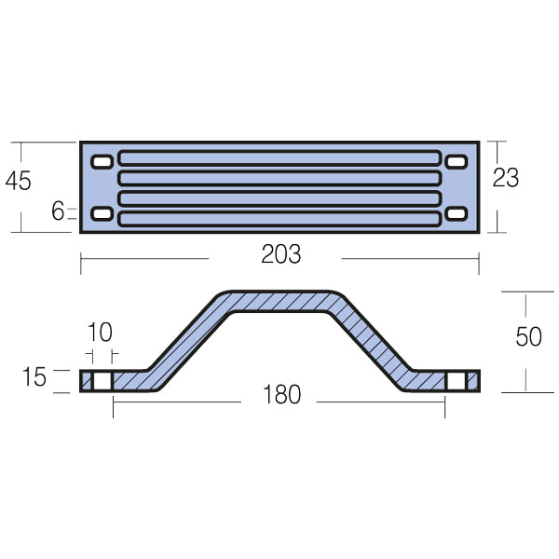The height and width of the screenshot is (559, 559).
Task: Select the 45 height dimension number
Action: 18,181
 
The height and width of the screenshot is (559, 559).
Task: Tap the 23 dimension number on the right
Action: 506,178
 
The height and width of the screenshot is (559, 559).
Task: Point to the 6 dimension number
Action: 58,211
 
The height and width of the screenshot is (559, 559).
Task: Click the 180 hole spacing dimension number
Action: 281,395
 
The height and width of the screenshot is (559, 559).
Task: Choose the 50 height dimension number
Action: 528,336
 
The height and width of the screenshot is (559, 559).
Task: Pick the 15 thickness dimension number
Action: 34,378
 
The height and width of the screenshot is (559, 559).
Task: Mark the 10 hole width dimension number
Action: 100,333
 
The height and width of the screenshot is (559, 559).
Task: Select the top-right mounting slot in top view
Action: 456,163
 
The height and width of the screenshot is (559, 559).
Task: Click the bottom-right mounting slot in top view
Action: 456,215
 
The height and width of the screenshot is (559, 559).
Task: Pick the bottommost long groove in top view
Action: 279,219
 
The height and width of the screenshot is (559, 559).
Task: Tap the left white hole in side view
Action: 102,381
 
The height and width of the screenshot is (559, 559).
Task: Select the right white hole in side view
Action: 455,381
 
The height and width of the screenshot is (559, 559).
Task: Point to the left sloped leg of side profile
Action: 186,340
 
